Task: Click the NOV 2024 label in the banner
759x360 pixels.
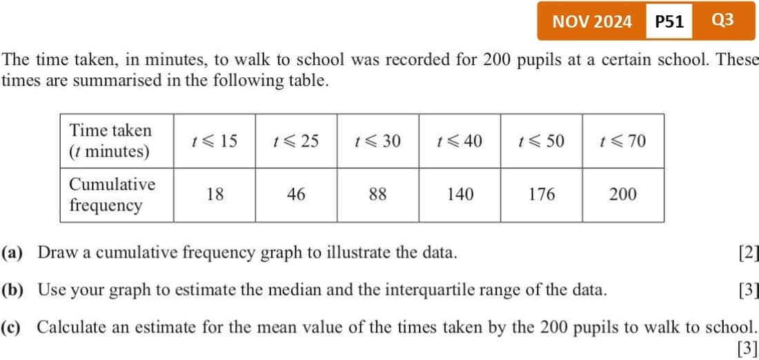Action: (x=591, y=21)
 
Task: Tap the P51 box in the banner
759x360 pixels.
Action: (x=669, y=21)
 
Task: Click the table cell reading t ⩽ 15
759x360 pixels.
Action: (x=215, y=141)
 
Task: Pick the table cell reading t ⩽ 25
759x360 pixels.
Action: (x=296, y=141)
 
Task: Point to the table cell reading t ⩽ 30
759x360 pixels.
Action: (x=377, y=141)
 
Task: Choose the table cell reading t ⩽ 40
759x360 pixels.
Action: (x=460, y=141)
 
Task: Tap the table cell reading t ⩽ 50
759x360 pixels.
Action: (x=541, y=141)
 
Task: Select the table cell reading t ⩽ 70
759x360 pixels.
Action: (x=623, y=141)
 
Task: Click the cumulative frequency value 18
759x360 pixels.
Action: (x=215, y=194)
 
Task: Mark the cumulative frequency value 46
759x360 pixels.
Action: (x=296, y=194)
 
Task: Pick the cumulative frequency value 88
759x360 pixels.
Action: (x=377, y=194)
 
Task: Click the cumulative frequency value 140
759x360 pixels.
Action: (x=460, y=194)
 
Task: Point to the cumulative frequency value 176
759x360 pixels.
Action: (x=542, y=194)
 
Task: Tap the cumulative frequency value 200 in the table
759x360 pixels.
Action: (x=623, y=194)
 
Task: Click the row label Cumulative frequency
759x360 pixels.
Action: (x=112, y=194)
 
